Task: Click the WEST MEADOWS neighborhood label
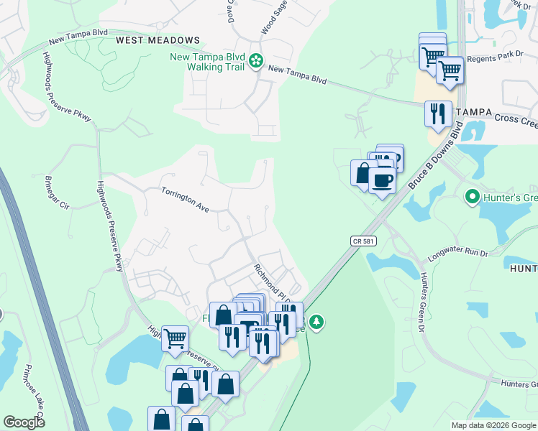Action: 157,40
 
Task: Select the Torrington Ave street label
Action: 184,199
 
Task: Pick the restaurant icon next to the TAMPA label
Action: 437,113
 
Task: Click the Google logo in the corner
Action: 24,422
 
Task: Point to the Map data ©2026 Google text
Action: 493,425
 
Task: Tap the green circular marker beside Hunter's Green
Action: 472,195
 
